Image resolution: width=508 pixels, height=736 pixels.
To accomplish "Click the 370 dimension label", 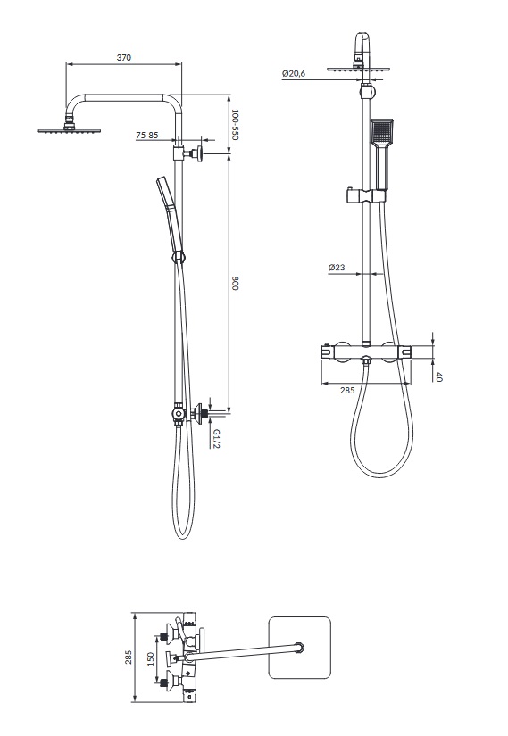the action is pyautogui.click(x=123, y=58).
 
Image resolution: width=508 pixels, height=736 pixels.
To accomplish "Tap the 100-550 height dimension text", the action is pyautogui.click(x=236, y=125).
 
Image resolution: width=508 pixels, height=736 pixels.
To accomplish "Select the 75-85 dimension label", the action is pyautogui.click(x=147, y=136).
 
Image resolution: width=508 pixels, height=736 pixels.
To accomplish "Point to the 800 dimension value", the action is pyautogui.click(x=236, y=284).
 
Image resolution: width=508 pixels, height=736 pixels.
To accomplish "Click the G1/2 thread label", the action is pyautogui.click(x=216, y=438).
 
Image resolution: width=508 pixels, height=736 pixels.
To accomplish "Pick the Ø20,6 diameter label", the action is pyautogui.click(x=294, y=73).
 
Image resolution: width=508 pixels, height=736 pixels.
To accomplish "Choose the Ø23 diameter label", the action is pyautogui.click(x=337, y=267).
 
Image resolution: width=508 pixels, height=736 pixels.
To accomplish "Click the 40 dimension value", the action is pyautogui.click(x=439, y=376).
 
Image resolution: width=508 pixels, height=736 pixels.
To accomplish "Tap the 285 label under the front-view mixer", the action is pyautogui.click(x=347, y=390).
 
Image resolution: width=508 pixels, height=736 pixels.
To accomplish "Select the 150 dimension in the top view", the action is pyautogui.click(x=150, y=658).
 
